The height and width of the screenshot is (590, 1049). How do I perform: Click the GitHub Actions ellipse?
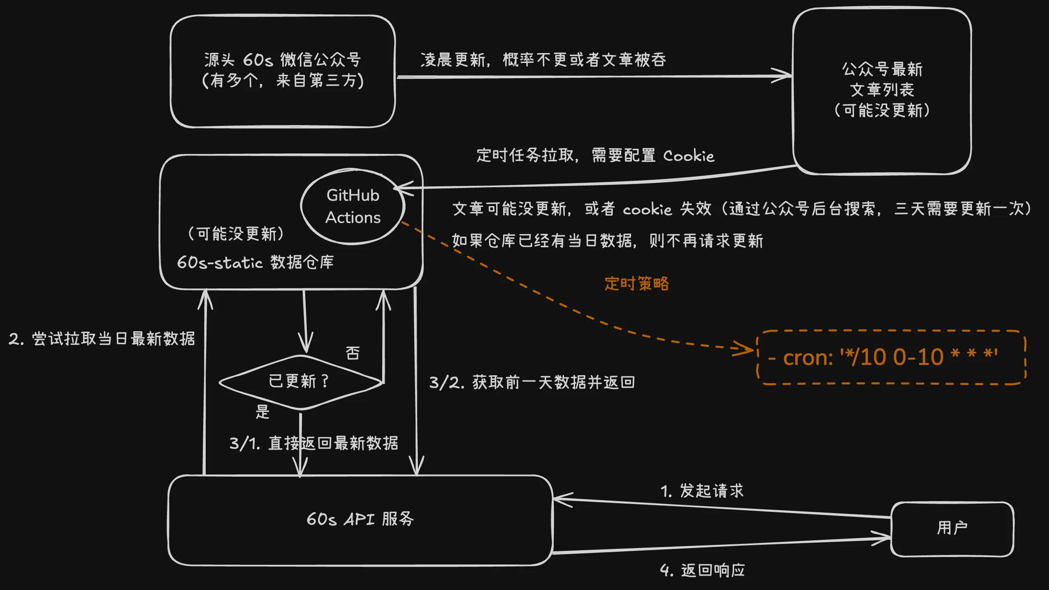(353, 206)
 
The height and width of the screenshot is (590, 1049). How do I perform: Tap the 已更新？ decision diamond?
(300, 382)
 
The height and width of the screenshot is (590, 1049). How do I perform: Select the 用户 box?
(952, 528)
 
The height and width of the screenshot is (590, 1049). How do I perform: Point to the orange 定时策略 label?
(636, 284)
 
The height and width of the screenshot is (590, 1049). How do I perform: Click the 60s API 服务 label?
(360, 519)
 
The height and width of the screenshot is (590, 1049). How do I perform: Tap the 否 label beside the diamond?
(353, 353)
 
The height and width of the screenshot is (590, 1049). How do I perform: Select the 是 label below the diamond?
(262, 411)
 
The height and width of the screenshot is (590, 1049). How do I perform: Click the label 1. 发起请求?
(702, 491)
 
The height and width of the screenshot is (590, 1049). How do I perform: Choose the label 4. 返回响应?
(702, 570)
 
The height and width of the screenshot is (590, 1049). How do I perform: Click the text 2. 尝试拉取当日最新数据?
(102, 339)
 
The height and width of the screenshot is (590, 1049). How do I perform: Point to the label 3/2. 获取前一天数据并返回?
(531, 383)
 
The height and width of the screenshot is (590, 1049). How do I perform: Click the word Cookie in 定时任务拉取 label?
(689, 156)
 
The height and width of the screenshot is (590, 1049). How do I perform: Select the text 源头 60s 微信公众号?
(283, 60)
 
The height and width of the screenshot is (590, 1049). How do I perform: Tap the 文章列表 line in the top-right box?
(882, 90)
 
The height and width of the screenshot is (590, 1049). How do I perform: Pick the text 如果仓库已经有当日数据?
(543, 241)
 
